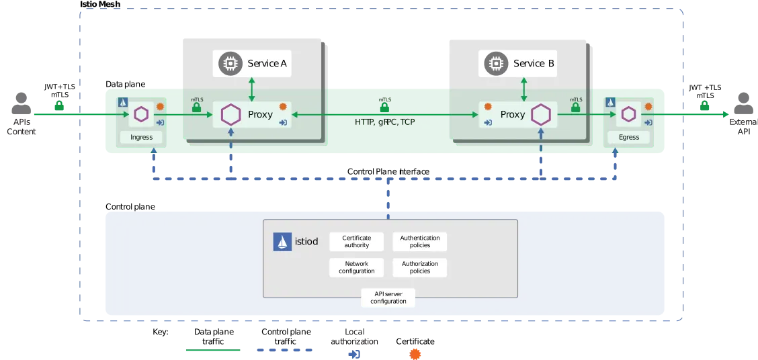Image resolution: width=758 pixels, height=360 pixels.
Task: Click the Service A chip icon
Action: point(230,64)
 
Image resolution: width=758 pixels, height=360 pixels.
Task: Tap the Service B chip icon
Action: point(496,64)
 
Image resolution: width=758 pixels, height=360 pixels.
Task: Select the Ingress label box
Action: point(142,137)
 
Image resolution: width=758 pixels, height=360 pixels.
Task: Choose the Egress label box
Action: point(629,137)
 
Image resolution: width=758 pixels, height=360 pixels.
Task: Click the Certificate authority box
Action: point(356,242)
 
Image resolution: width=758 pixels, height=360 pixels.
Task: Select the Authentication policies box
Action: point(419,242)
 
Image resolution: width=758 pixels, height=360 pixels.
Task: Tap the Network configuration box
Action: point(356,267)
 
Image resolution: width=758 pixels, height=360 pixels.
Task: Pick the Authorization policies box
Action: point(419,267)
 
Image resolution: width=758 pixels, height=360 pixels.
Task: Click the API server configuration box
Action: point(388,298)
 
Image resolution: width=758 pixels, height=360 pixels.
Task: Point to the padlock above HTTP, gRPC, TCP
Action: point(384,107)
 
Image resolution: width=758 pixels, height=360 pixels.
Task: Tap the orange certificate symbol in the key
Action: point(415,354)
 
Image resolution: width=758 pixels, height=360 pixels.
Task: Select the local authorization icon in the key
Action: point(354,354)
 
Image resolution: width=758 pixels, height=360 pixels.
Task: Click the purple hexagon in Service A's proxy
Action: point(230,115)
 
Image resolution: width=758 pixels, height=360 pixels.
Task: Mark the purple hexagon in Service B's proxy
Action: point(541,115)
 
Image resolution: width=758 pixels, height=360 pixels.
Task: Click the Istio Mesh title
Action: point(100,4)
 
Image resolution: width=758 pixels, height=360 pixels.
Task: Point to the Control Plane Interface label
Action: point(388,171)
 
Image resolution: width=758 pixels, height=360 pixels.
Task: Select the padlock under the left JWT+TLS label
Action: point(59,105)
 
